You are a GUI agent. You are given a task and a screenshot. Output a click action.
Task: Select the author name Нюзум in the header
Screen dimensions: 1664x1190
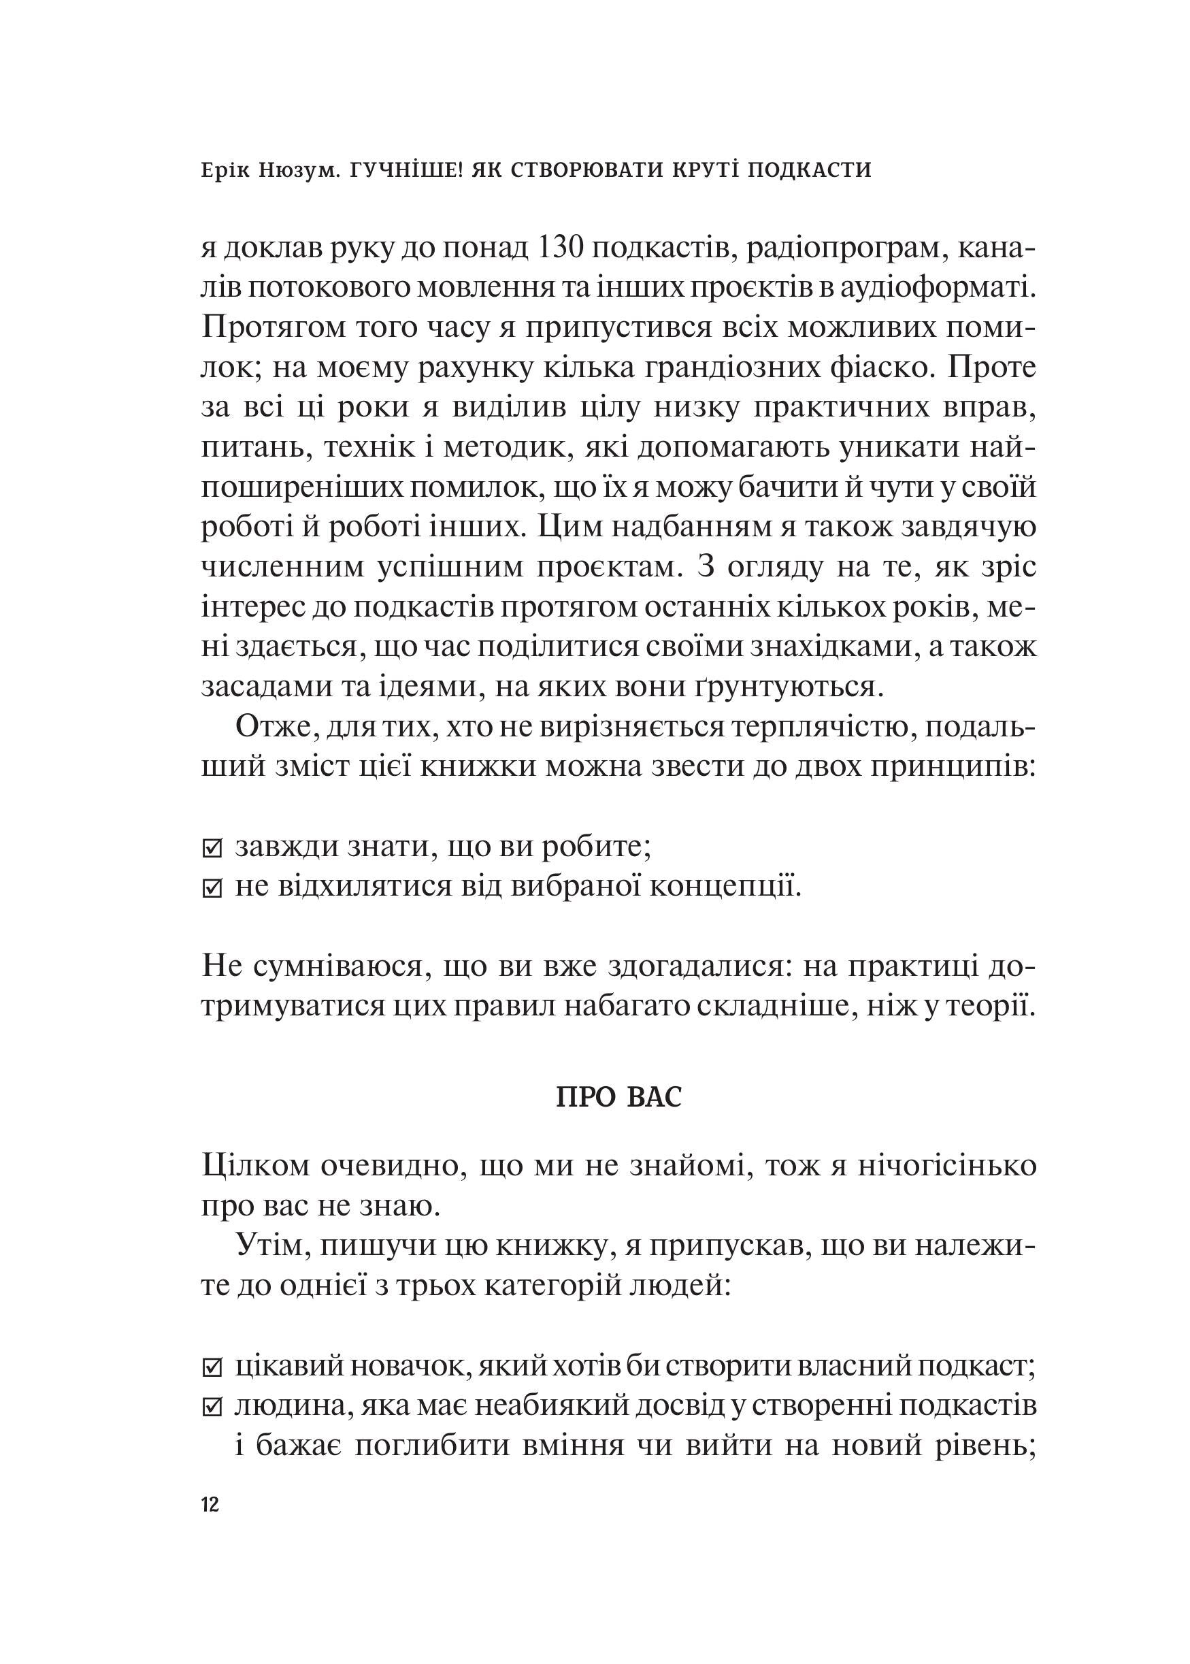point(295,170)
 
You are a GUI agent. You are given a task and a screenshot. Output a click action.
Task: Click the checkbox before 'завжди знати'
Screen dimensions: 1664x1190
point(211,850)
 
